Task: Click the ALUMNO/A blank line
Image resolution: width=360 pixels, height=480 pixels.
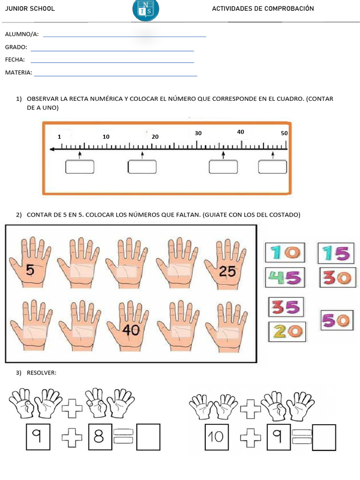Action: point(125,37)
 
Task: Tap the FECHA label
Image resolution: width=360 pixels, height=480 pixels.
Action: point(15,60)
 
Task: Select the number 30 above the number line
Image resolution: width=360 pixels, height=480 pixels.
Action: point(198,133)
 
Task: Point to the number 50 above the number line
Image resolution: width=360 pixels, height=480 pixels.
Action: point(284,133)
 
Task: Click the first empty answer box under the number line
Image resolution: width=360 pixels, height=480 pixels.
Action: point(80,167)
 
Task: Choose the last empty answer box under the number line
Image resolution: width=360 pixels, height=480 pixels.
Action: point(272,167)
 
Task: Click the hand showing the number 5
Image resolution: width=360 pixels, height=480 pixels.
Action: point(30,262)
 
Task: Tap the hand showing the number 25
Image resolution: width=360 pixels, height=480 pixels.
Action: point(225,264)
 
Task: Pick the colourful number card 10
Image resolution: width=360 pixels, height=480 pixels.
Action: point(285,253)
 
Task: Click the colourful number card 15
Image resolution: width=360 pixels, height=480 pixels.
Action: point(336,253)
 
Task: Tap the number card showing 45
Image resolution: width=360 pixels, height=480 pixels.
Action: point(285,277)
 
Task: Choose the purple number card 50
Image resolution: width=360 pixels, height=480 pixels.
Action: point(336,320)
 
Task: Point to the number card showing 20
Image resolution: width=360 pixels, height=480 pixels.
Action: point(287,331)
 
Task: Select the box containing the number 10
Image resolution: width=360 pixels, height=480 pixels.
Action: point(217,437)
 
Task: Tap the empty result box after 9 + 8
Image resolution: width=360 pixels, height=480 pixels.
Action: point(148,437)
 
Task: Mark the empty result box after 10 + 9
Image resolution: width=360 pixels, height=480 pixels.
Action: point(324,437)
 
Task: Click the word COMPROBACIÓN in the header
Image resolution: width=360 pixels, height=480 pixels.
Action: point(289,8)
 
